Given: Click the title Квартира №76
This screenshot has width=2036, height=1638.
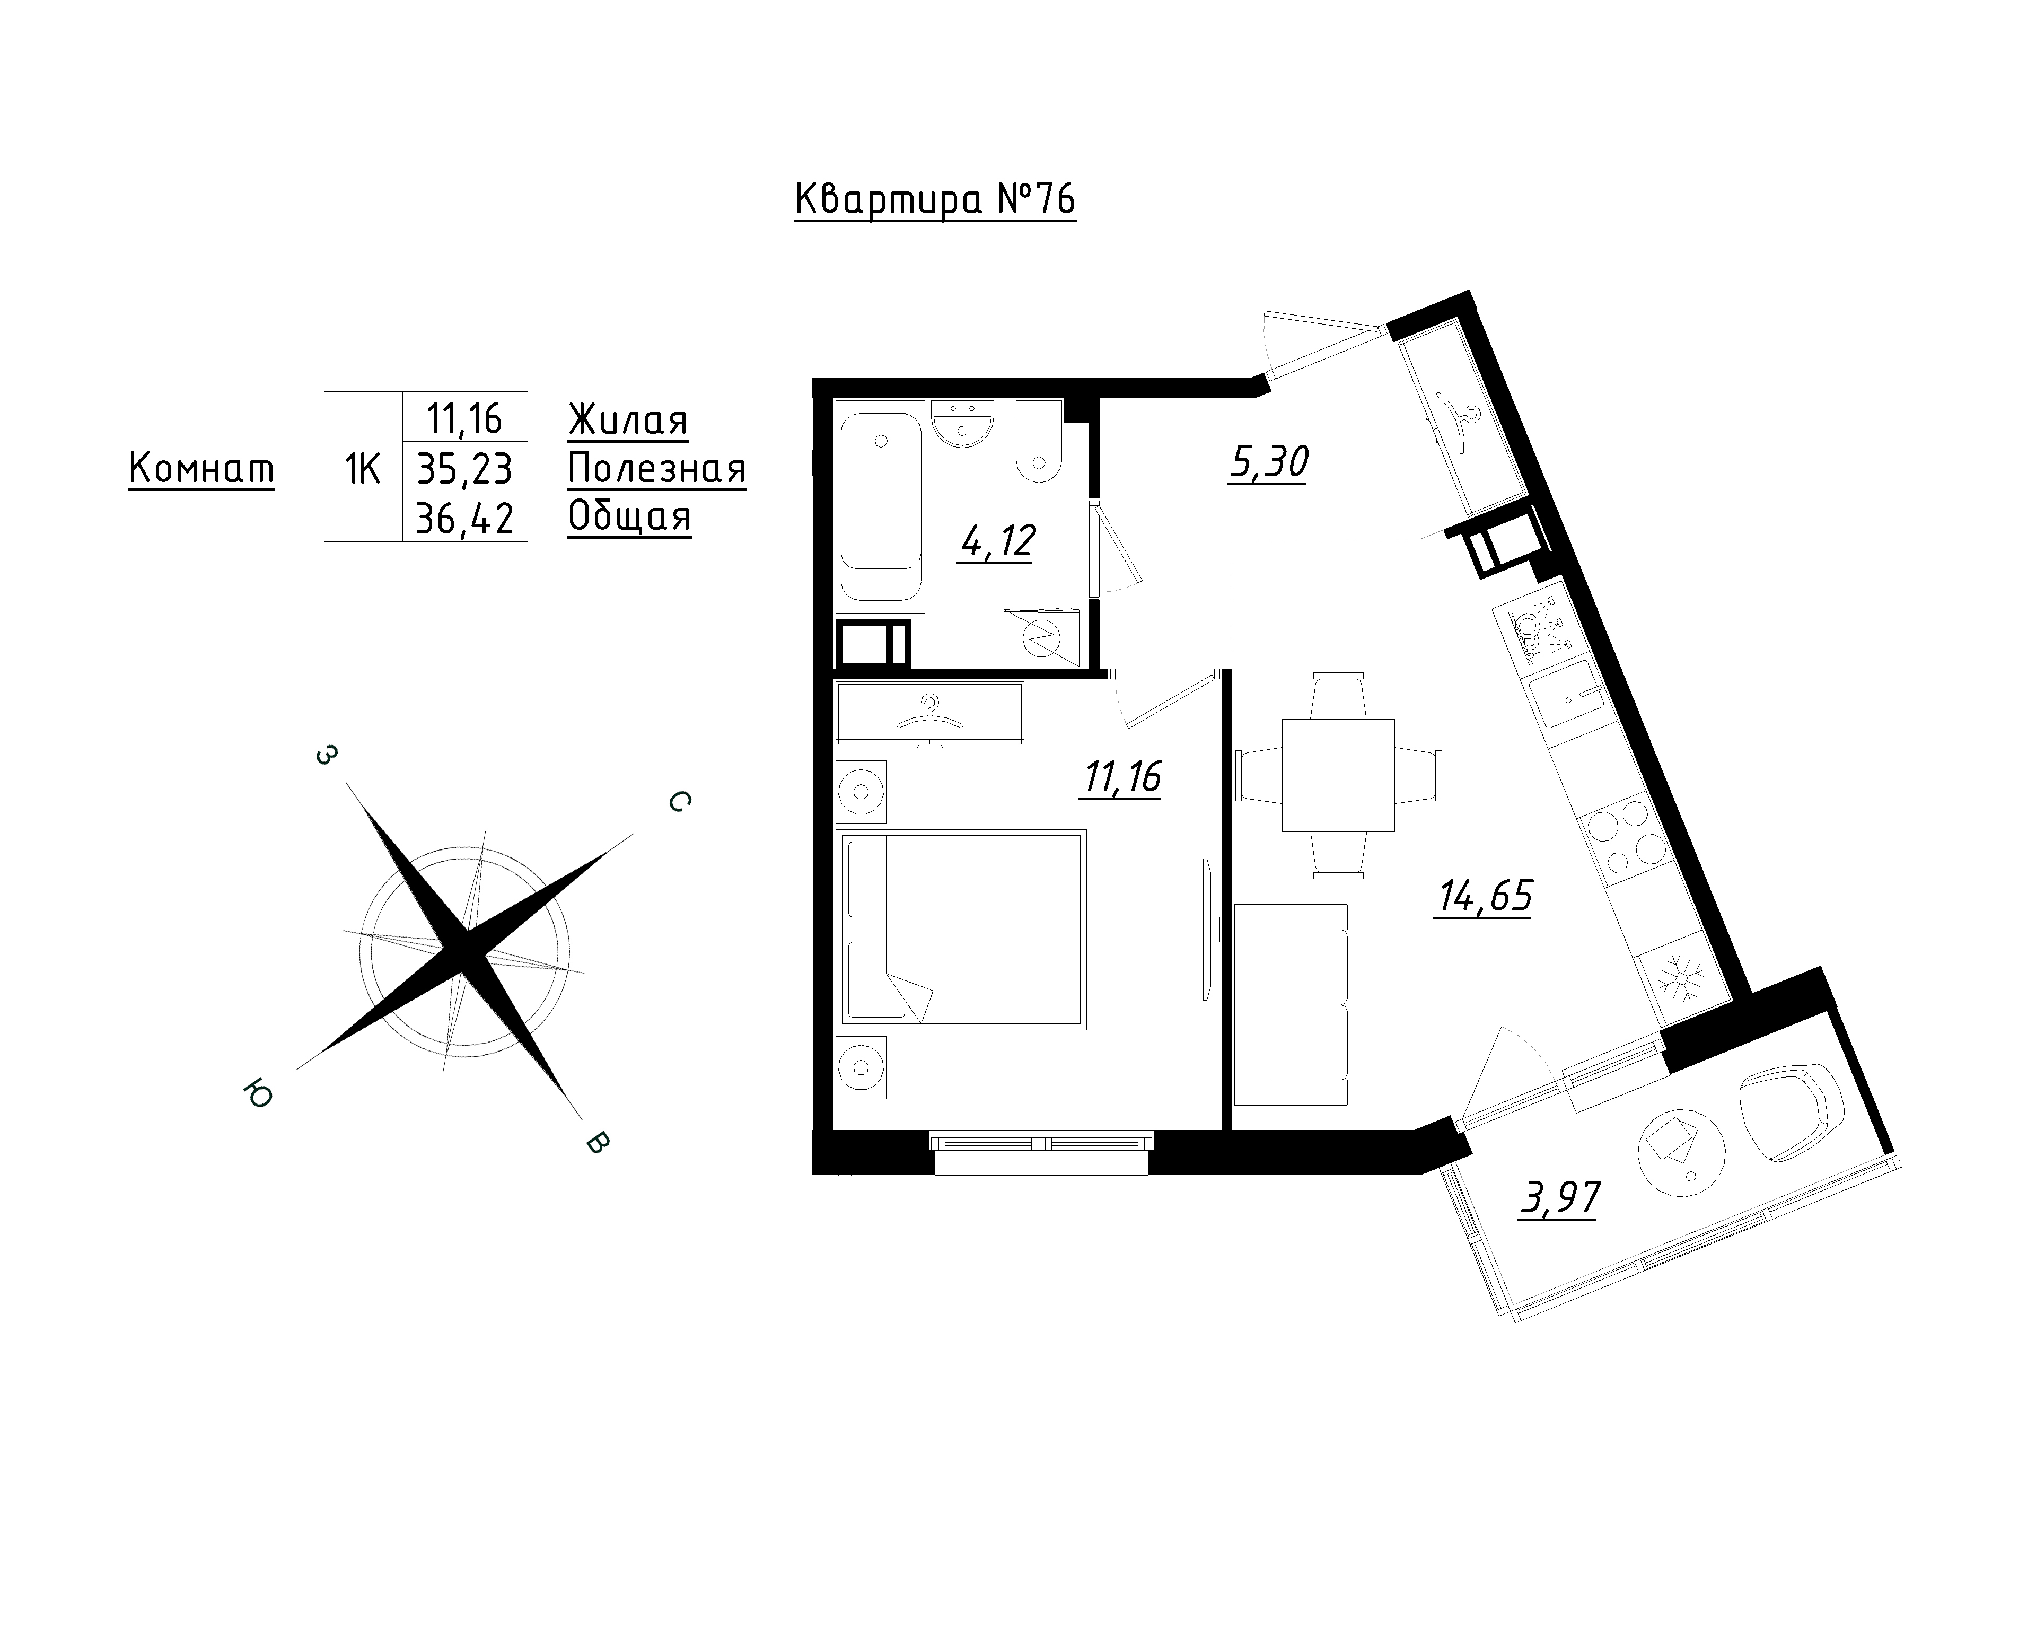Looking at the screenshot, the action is click(x=935, y=201).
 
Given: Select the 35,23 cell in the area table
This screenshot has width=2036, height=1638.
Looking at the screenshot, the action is click(x=464, y=468).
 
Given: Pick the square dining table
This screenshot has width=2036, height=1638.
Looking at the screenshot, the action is click(x=1338, y=775).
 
